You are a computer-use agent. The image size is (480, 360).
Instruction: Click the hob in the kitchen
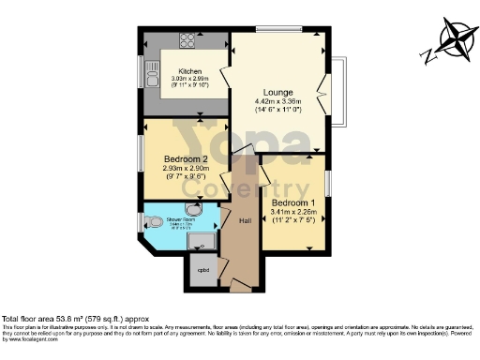coord(186,40)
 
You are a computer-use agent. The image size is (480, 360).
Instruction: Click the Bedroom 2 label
coord(179,159)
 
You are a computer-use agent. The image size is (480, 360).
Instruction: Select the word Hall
coord(246,221)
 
